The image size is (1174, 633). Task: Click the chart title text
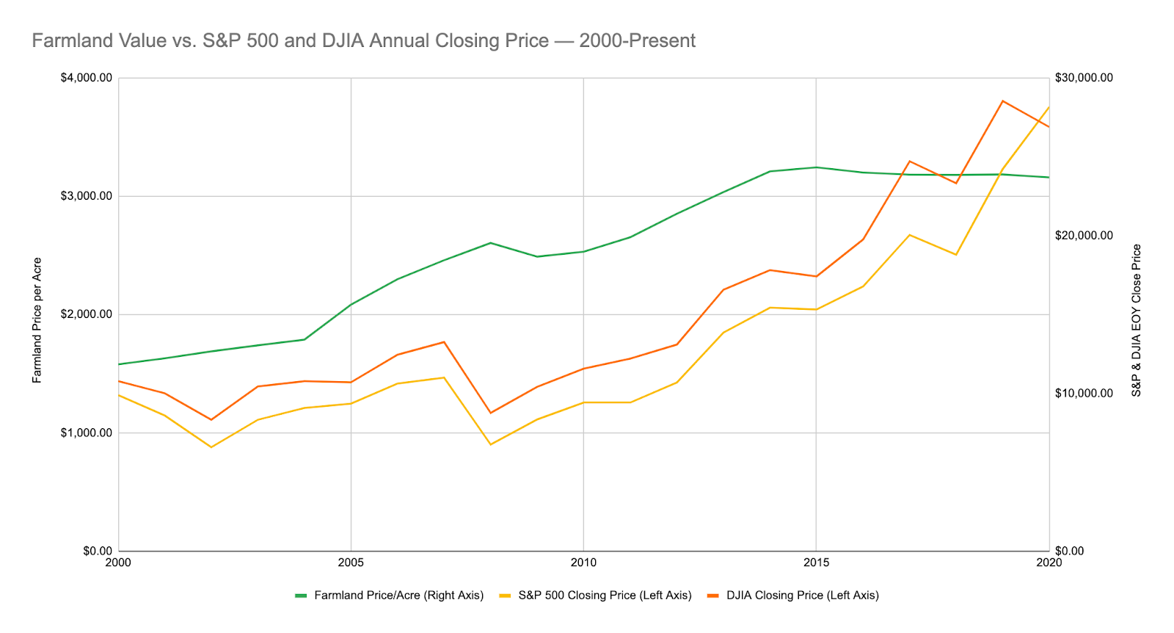click(x=363, y=40)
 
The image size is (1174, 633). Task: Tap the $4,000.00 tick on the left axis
click(x=85, y=78)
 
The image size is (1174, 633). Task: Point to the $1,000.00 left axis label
click(x=85, y=433)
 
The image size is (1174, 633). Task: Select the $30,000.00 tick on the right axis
click(x=1084, y=78)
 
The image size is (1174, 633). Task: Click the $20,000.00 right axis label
click(x=1084, y=235)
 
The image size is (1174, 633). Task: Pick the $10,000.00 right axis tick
click(x=1084, y=393)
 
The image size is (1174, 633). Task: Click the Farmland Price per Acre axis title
click(x=37, y=320)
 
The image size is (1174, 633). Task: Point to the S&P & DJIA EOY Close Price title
click(x=1137, y=320)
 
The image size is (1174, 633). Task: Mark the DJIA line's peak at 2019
click(x=1002, y=101)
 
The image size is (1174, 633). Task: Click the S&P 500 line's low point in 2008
click(x=490, y=444)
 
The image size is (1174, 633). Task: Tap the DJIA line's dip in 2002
click(x=211, y=420)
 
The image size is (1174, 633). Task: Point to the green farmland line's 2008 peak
click(x=490, y=242)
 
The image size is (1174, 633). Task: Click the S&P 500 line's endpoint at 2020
click(x=1049, y=107)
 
